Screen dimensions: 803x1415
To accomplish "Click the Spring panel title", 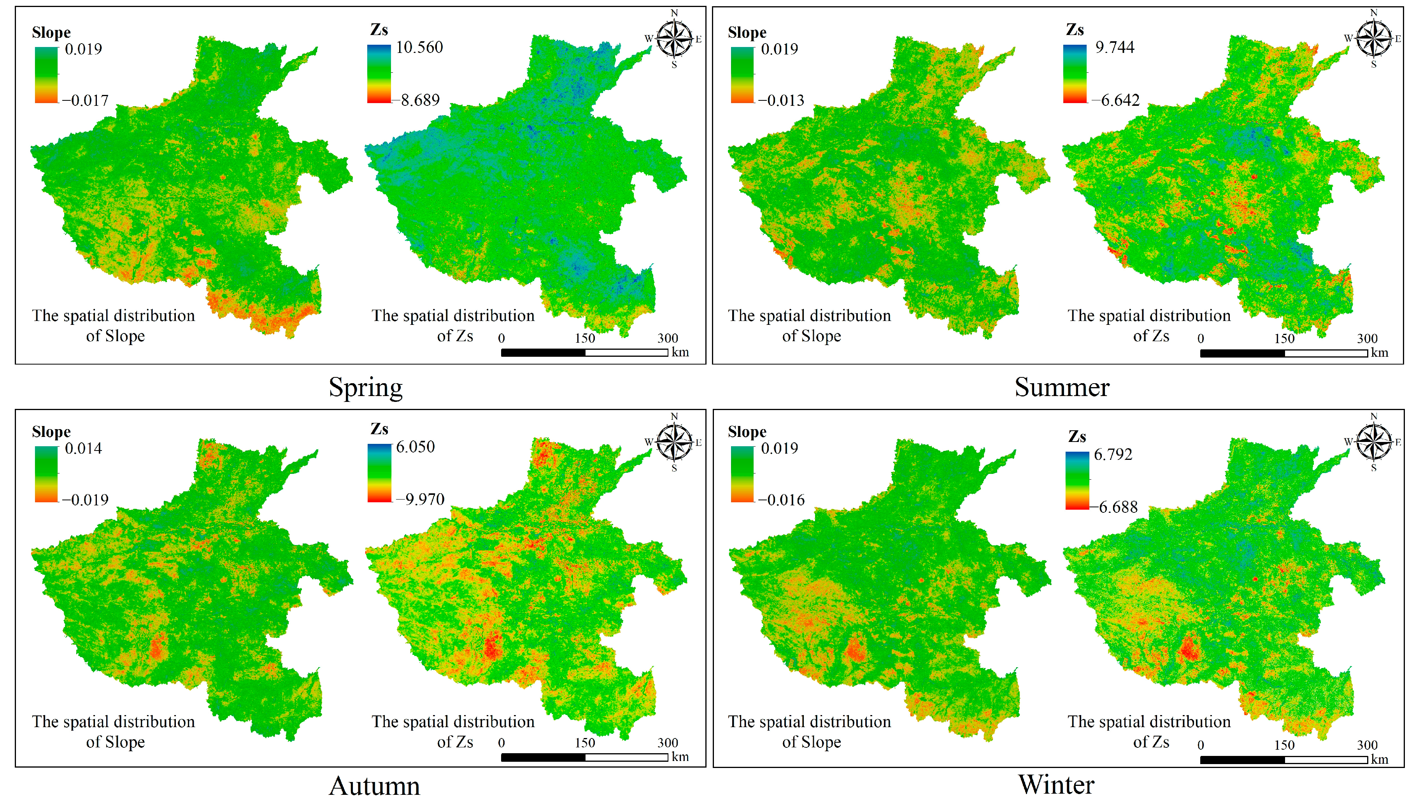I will (x=366, y=387).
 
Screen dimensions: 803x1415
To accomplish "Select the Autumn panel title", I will (x=374, y=786).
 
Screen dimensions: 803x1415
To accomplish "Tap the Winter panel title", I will (x=1056, y=784).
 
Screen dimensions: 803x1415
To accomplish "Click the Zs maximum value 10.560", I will (x=419, y=47).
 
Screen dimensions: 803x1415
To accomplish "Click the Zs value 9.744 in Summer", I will (x=1115, y=47).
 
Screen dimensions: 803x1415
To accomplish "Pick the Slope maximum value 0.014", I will (x=83, y=448).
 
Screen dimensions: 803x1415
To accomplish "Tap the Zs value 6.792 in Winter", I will (x=1113, y=454).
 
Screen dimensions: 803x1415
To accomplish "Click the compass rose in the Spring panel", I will (x=674, y=39).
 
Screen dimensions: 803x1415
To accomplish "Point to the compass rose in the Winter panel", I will (x=1374, y=442).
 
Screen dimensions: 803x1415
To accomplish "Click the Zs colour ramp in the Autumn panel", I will (x=379, y=473).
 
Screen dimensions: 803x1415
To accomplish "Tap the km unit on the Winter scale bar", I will (x=1379, y=759).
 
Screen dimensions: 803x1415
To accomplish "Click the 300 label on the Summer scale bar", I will (x=1367, y=338).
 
